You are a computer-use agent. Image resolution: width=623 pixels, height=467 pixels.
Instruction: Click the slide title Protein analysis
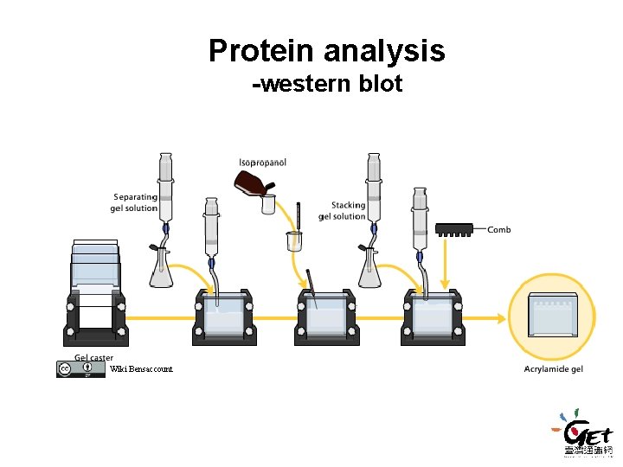[x=326, y=51]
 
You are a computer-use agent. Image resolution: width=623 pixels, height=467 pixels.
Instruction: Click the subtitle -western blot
[x=326, y=85]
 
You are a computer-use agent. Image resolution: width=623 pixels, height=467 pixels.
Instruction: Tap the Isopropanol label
[x=263, y=163]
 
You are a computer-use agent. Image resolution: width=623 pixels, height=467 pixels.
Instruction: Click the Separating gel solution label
[x=136, y=202]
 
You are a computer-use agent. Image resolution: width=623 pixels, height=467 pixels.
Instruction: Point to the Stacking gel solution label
[x=342, y=211]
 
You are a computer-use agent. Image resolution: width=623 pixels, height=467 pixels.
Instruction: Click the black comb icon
[x=454, y=230]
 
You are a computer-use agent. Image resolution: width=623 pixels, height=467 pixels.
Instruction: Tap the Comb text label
[x=499, y=230]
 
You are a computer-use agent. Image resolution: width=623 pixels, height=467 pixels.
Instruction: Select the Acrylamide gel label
[x=554, y=369]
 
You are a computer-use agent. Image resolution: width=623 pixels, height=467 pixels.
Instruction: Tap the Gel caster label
[x=93, y=357]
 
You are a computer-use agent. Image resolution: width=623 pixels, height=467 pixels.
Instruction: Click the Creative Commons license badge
[x=75, y=368]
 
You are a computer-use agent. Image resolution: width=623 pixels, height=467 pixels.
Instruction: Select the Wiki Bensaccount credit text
[x=141, y=369]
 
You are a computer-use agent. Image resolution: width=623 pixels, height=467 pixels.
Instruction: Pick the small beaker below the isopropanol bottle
[x=294, y=240]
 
